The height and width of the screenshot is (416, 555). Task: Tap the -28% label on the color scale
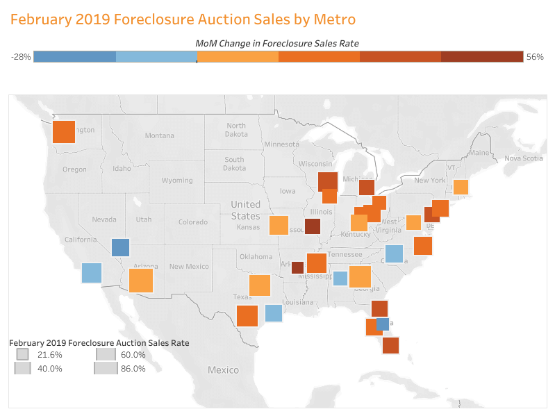(x=21, y=57)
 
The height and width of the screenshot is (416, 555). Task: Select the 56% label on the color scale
(x=535, y=57)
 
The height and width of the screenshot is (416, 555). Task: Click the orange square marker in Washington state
(x=63, y=131)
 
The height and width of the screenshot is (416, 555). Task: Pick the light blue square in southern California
(x=92, y=273)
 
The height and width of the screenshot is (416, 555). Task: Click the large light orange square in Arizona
(x=140, y=281)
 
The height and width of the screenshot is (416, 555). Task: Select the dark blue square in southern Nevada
(x=120, y=247)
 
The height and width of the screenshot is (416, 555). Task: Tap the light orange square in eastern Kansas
(x=279, y=226)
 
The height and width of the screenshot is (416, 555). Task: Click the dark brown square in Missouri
(x=313, y=226)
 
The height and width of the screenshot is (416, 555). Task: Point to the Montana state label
(x=160, y=136)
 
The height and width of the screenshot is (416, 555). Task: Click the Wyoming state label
(x=177, y=181)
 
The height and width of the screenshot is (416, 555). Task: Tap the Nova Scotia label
(x=522, y=158)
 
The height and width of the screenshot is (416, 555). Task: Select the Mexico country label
(x=224, y=370)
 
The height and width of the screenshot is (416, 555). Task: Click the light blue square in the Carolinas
(x=394, y=254)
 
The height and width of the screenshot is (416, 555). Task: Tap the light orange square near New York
(x=461, y=187)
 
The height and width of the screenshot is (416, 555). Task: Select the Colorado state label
(x=192, y=222)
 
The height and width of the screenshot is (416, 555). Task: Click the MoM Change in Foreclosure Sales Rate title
(x=277, y=43)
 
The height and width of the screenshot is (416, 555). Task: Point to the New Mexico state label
(x=189, y=267)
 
